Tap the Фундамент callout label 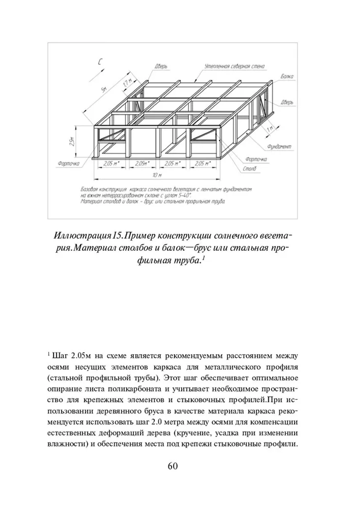point(279,147)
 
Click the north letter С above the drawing point(100,62)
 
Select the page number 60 point(173,466)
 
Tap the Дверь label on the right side point(287,103)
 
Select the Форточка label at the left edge point(68,164)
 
